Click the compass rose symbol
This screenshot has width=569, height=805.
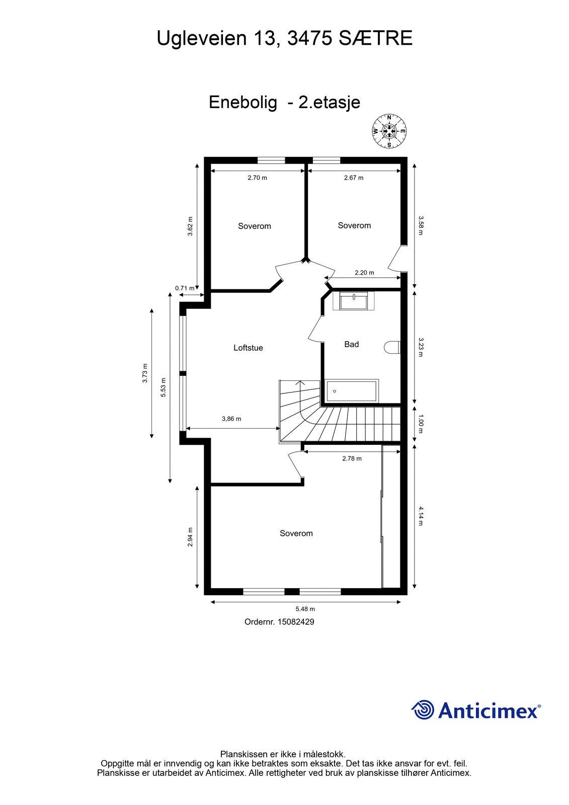(389, 131)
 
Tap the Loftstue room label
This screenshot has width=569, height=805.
(248, 348)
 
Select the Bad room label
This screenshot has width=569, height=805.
(351, 344)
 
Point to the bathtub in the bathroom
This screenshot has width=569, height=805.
(351, 390)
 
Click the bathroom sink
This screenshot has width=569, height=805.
(353, 301)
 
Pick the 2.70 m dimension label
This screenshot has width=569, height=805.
(258, 178)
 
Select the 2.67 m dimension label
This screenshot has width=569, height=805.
(354, 178)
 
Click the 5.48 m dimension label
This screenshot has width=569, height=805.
(305, 609)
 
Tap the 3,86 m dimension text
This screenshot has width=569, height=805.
(231, 419)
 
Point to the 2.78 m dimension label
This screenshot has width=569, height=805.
(352, 458)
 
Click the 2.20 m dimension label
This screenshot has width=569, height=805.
(364, 273)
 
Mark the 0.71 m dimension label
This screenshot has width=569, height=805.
(185, 288)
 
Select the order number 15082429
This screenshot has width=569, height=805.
(296, 622)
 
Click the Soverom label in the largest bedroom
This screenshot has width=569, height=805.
(296, 533)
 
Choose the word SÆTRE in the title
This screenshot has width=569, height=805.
(375, 38)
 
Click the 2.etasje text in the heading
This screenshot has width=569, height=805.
(329, 103)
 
